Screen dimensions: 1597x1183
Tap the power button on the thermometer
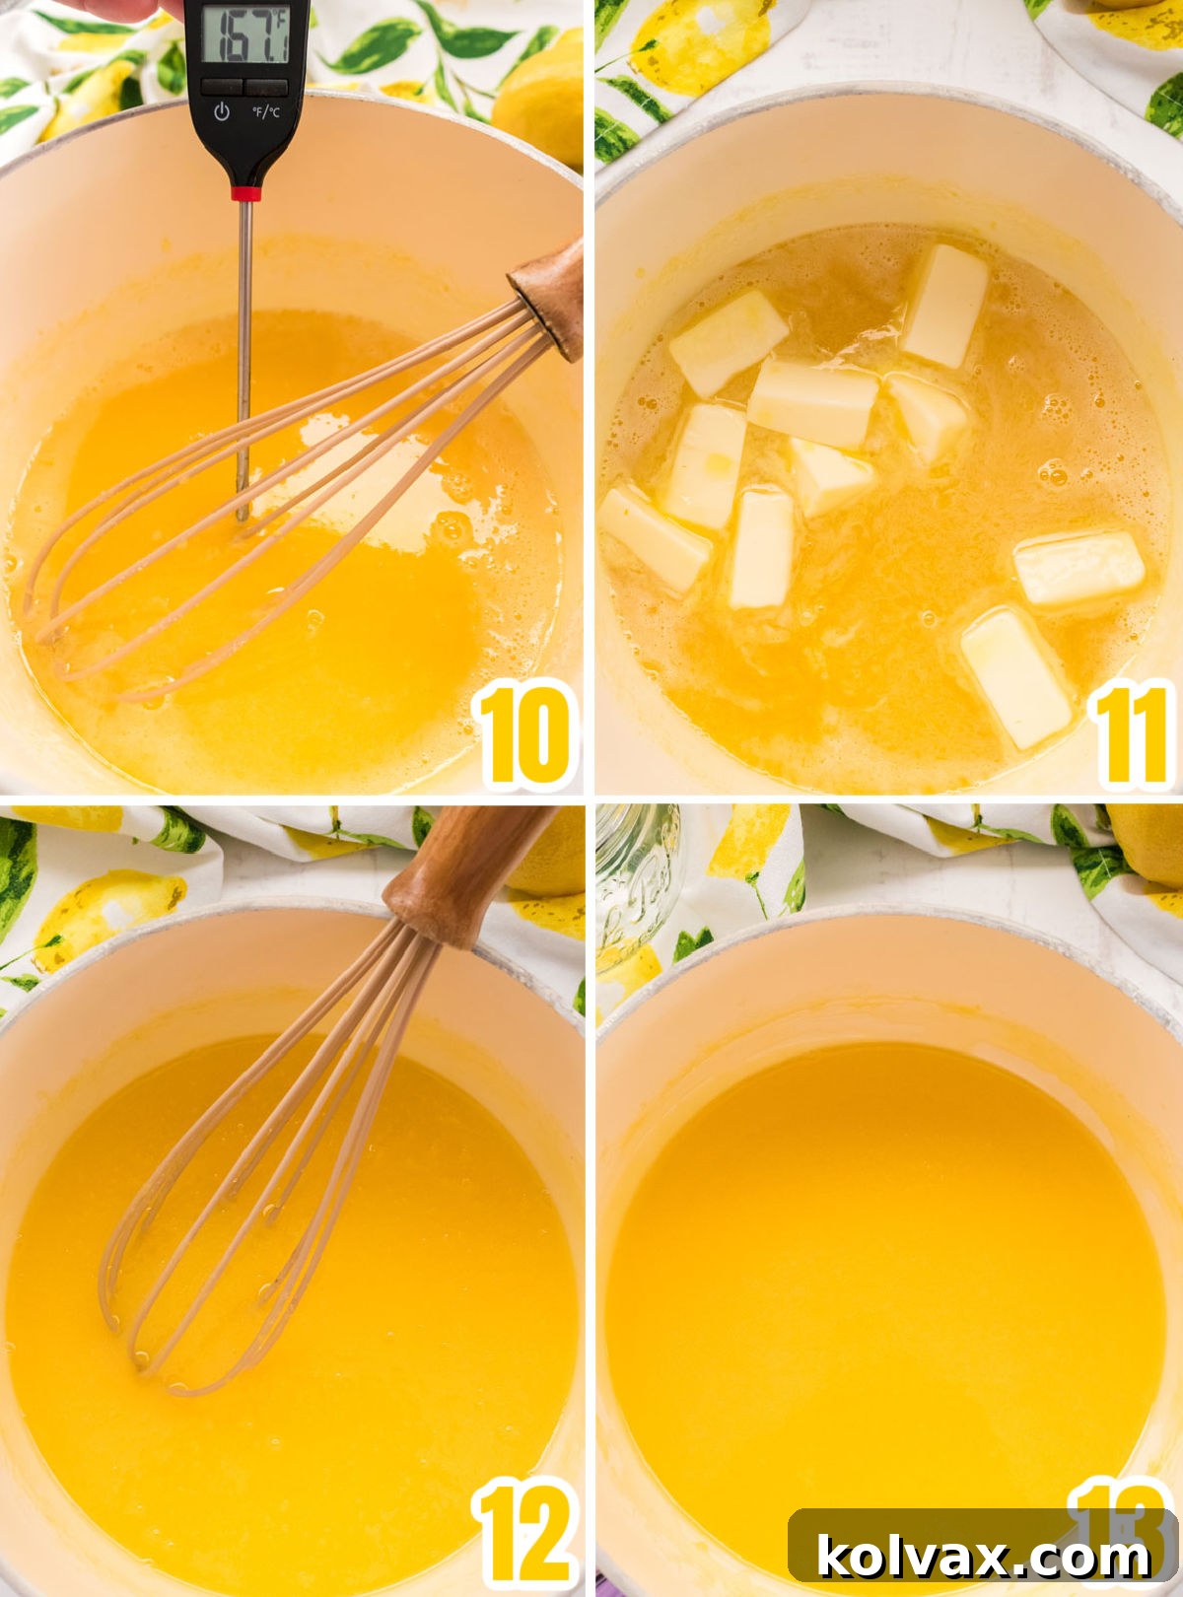[x=222, y=110]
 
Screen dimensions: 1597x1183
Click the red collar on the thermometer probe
[x=245, y=191]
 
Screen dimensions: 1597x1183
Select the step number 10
[x=524, y=735]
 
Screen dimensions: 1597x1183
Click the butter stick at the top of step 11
[x=944, y=305]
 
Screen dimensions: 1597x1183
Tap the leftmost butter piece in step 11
[x=655, y=537]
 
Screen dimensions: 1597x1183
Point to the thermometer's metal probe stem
[x=244, y=355]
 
